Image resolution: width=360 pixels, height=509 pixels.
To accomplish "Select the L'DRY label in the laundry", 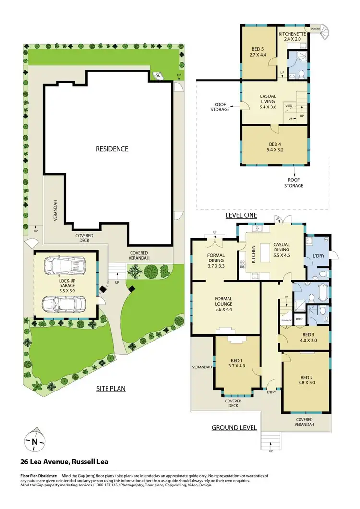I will click(x=319, y=256).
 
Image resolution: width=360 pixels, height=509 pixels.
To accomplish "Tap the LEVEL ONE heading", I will click(x=241, y=216).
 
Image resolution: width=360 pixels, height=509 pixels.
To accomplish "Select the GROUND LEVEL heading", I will click(x=234, y=427).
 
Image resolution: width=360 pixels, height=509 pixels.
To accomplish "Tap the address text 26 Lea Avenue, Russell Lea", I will click(x=64, y=462).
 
